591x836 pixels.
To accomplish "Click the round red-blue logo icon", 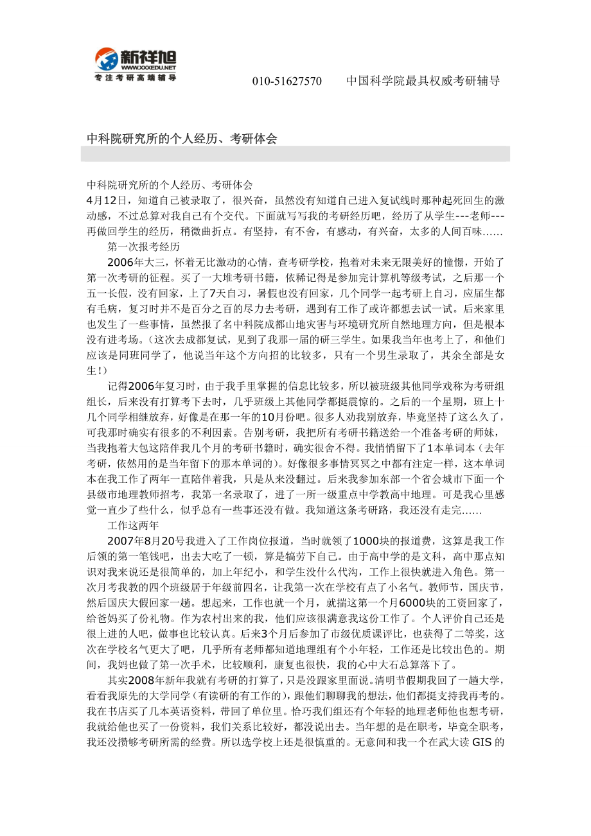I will pos(106,60).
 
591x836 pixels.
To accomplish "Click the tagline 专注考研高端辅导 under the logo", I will pos(135,78).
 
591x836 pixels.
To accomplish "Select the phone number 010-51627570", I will pos(287,81).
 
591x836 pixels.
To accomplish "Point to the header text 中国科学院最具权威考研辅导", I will pos(423,81).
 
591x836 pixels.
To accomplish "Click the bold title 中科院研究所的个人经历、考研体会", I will pos(182,138).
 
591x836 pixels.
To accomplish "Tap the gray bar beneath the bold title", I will pos(295,153).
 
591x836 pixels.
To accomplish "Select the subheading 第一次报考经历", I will pos(143,247).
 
